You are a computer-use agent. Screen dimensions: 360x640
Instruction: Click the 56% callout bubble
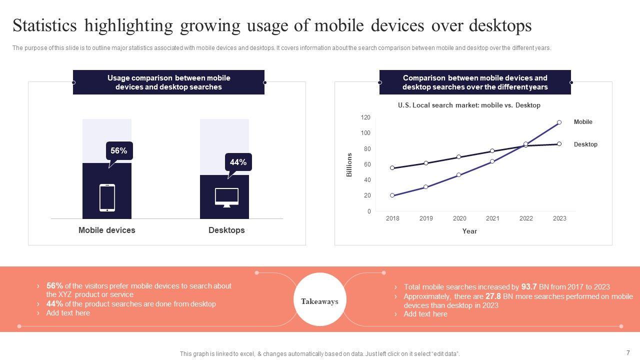click(119, 150)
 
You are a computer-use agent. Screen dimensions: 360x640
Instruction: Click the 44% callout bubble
click(238, 162)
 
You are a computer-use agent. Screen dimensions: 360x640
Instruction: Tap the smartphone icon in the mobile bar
click(107, 197)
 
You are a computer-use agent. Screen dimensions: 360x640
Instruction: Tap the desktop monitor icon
click(226, 197)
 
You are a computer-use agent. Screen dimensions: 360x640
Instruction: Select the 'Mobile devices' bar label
click(106, 230)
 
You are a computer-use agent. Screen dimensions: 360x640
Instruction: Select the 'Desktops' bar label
click(226, 230)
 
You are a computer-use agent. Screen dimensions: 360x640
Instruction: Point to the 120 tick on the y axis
click(365, 117)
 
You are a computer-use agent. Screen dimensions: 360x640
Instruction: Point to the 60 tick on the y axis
click(367, 164)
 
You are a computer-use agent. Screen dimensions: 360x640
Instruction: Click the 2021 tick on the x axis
click(492, 218)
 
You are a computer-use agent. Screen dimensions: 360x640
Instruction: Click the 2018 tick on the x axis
click(392, 218)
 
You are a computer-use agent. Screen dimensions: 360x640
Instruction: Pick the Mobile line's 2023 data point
click(559, 122)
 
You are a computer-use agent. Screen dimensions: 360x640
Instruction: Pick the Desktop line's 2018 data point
click(392, 168)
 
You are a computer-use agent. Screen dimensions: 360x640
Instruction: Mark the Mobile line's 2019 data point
click(425, 187)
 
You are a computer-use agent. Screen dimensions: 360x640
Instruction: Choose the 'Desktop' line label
click(585, 144)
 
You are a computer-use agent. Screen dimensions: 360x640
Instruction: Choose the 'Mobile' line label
click(583, 122)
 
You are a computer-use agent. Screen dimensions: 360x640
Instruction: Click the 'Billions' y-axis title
click(349, 164)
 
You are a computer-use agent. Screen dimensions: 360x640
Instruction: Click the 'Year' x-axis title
click(469, 231)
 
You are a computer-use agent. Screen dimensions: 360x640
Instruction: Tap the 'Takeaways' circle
click(319, 301)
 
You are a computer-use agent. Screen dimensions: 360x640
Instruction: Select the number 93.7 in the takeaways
click(528, 287)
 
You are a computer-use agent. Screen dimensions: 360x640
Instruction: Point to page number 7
click(628, 352)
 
